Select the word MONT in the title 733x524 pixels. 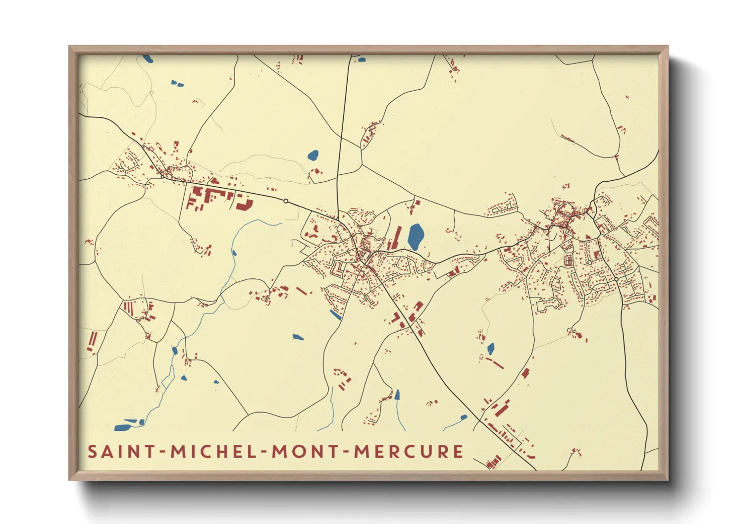coord(297,452)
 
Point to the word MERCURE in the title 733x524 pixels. coord(409,452)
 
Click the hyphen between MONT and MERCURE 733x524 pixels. coord(347,452)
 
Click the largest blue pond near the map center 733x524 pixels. coord(415,237)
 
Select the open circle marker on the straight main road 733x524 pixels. coord(286,201)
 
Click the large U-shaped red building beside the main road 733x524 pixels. coord(244,203)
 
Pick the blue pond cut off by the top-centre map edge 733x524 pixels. coord(362,59)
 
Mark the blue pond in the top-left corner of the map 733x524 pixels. coord(148,58)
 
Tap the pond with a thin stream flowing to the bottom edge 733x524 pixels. coord(397,395)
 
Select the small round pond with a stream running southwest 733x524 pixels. coord(464,418)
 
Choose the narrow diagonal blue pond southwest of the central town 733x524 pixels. coord(335,314)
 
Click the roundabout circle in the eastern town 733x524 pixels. coord(616,279)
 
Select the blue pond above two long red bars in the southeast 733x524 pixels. coord(491,349)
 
